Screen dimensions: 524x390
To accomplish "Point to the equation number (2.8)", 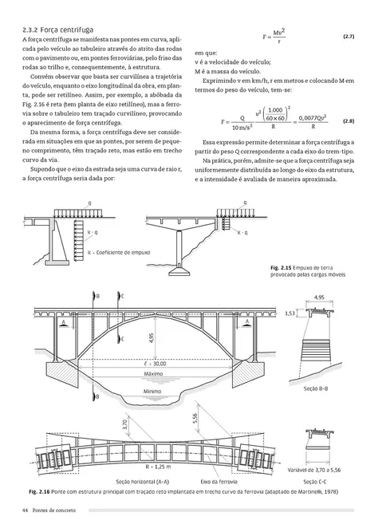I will (349, 121).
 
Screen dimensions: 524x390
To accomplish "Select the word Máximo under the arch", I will (154, 373).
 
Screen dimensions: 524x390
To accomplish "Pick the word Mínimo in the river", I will (153, 392).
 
